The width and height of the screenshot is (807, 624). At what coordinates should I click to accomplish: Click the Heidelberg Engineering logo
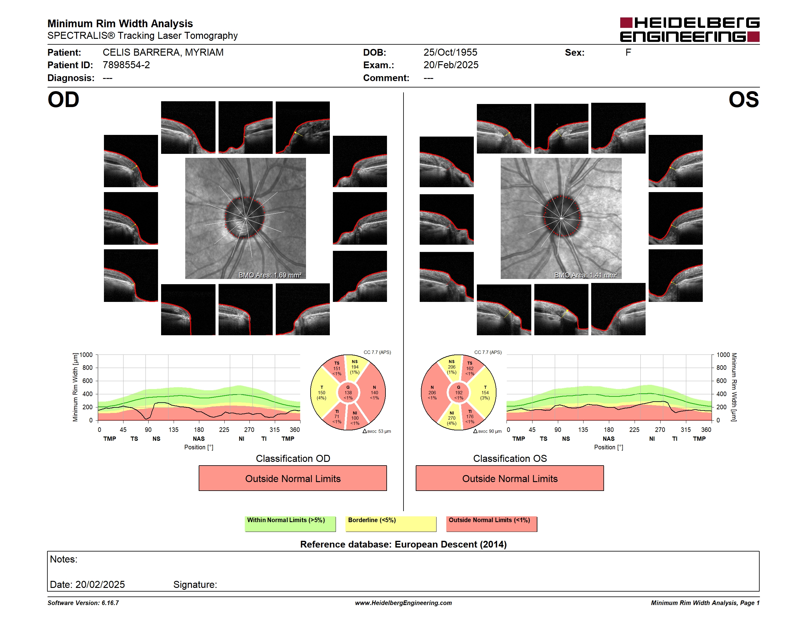690,30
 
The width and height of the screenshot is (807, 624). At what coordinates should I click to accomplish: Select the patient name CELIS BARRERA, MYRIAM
163,53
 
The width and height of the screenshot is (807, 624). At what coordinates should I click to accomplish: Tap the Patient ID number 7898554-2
126,65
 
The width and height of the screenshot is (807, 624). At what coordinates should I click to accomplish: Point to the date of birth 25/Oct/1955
450,53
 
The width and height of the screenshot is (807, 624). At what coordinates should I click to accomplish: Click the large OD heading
63,100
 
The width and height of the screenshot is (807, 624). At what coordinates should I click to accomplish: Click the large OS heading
743,100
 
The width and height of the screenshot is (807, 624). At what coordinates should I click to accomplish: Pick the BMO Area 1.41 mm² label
586,275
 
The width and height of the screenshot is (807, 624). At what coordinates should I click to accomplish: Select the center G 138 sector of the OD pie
348,392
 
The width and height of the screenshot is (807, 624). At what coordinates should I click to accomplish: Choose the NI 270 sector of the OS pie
451,418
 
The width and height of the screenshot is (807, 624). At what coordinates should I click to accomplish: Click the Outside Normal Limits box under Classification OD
293,478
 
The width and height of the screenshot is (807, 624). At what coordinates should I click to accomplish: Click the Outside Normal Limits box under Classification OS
510,478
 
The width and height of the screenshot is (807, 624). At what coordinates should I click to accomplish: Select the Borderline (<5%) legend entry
391,524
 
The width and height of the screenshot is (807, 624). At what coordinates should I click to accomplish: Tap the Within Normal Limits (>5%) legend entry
290,524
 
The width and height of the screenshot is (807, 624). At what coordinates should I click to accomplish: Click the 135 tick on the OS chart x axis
583,429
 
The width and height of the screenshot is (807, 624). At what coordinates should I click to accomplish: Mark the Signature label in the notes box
195,585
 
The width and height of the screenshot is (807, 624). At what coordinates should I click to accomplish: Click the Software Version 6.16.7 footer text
83,603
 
